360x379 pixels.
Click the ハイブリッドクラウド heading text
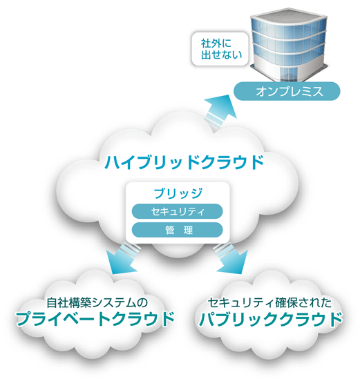(x=184, y=162)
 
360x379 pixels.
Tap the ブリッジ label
(x=178, y=193)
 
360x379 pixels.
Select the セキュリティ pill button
(x=177, y=211)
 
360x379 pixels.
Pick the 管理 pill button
(x=177, y=230)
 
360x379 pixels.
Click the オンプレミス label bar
(x=287, y=91)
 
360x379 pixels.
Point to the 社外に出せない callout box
(x=220, y=49)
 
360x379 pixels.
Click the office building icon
(x=289, y=45)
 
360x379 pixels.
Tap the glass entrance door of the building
(x=288, y=72)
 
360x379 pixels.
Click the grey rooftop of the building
(x=289, y=17)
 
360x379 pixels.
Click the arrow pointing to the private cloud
(x=122, y=258)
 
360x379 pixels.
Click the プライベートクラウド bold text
(x=95, y=318)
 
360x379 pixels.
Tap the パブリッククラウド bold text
(x=270, y=318)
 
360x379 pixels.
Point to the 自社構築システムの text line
(x=97, y=302)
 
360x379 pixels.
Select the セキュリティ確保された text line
(x=269, y=302)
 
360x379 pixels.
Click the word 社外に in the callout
(x=216, y=43)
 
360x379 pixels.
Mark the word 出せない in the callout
(x=221, y=55)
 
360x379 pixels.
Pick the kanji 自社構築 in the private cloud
(x=69, y=302)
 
